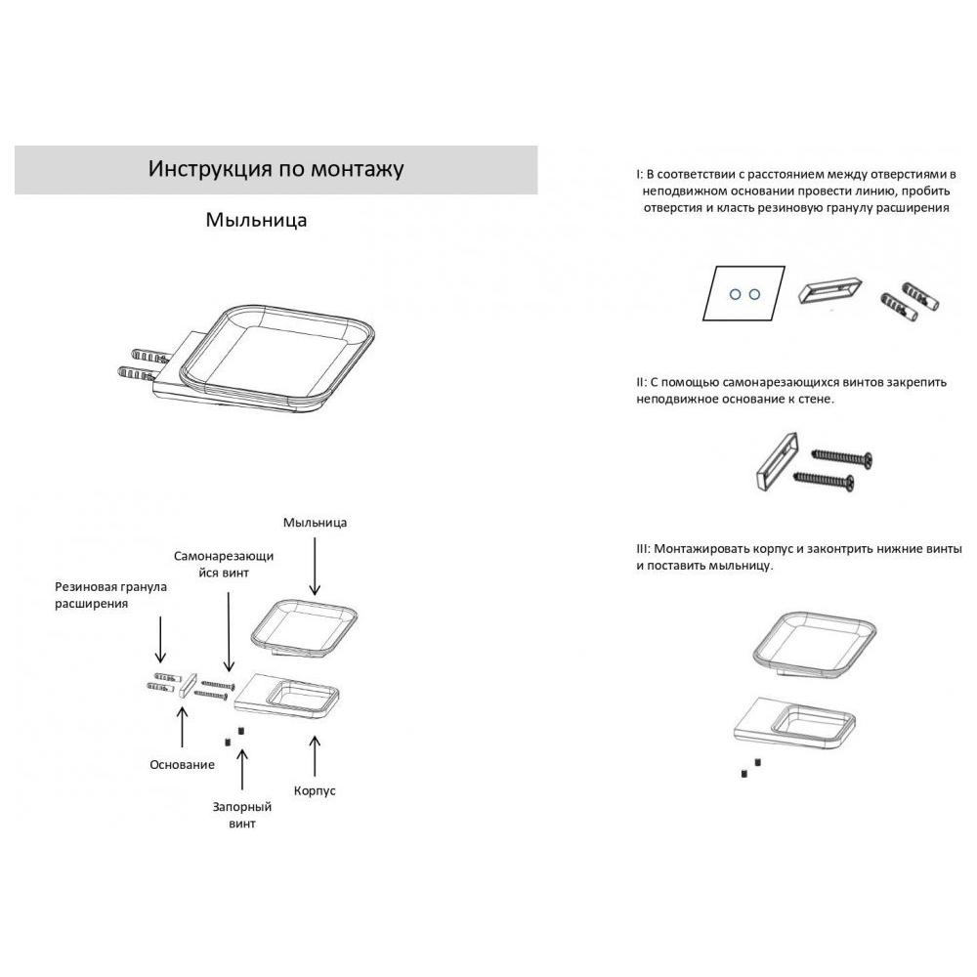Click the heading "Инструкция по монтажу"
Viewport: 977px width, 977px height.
click(x=276, y=169)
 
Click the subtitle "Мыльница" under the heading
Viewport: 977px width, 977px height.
click(x=256, y=220)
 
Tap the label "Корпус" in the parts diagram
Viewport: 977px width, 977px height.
click(x=315, y=790)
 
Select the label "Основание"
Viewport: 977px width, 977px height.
click(x=182, y=765)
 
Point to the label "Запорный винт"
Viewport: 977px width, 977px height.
click(x=242, y=815)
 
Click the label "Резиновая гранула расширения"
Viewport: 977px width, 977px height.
click(x=111, y=595)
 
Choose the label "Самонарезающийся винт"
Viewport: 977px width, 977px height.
click(x=224, y=564)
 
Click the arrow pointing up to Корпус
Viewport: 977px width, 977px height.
click(x=315, y=756)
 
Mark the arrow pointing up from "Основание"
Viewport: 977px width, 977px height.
click(x=183, y=727)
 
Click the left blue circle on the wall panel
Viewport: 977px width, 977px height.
click(x=736, y=294)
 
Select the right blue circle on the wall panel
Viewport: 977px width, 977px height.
click(x=754, y=294)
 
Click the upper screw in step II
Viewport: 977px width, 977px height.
click(x=842, y=458)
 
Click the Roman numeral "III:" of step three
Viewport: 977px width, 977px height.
click(x=643, y=549)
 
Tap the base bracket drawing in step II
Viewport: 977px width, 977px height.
click(x=777, y=460)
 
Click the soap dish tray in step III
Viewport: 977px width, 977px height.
click(x=815, y=646)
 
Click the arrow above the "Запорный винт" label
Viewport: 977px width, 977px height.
click(x=242, y=771)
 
